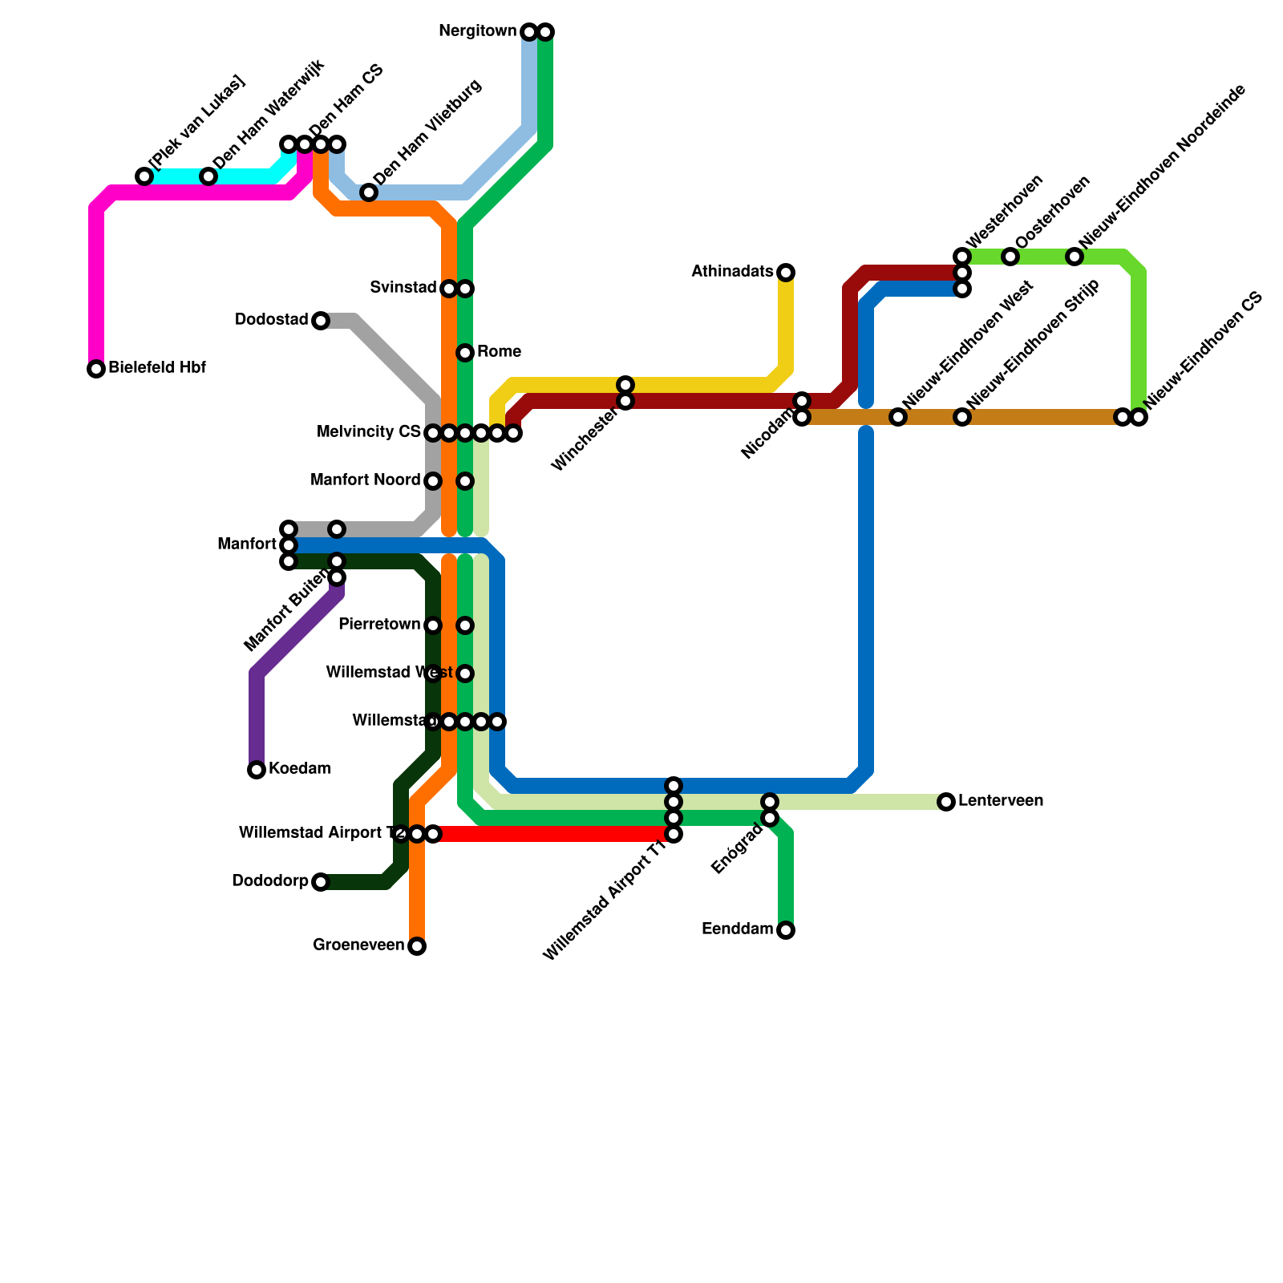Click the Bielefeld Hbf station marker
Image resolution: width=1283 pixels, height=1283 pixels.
coord(96,369)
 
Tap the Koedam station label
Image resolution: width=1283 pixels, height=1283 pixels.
coord(299,769)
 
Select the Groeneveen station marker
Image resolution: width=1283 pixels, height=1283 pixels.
coord(417,946)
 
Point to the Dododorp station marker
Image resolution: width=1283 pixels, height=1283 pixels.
coord(321,882)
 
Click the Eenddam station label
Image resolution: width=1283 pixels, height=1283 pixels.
coord(737,929)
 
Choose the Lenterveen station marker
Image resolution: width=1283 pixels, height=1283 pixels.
coord(946,802)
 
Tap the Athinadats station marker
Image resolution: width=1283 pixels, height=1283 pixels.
coord(786,273)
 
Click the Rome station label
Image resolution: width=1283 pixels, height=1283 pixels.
coord(499,352)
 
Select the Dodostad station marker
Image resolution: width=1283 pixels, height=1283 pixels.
coord(321,321)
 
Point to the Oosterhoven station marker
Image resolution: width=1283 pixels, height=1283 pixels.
coord(1010,257)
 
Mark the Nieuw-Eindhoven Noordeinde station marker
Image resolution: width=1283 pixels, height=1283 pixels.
coord(1075,257)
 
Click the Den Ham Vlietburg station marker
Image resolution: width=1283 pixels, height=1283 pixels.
coord(369,192)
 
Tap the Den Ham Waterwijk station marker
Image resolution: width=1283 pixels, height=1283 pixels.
coord(208,176)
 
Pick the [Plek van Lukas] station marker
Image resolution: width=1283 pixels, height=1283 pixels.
coord(144,176)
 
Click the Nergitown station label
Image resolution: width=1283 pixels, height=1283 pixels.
coord(478,31)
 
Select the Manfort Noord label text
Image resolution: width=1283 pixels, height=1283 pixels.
coord(365,480)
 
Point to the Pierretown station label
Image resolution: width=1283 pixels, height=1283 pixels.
coord(379,625)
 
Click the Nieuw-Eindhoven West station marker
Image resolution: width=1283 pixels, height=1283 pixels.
coord(898,417)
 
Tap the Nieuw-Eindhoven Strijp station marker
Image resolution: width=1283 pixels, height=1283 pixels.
coord(962,417)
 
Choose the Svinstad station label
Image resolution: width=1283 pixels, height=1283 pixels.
coord(403,288)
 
